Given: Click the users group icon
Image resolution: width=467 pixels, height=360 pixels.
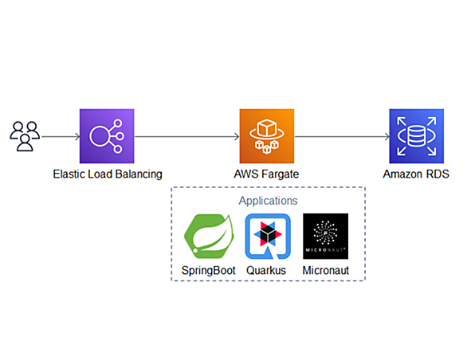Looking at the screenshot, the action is pos(25,136).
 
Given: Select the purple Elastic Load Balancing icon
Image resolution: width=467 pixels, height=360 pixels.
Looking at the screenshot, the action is pos(107,136).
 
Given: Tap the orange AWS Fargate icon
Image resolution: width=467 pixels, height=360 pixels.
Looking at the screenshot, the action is pos(267,136).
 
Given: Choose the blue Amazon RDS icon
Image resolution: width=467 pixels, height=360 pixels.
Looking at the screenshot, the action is pos(416,136).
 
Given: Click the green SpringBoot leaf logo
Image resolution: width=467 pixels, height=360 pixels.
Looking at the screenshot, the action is pos(209,236).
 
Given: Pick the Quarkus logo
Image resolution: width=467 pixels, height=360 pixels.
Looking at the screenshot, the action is pos(268,236).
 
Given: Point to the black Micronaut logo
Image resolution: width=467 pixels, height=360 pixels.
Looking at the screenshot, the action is pos(325,236).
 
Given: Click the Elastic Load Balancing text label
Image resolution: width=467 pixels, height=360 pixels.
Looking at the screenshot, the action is pos(108,174).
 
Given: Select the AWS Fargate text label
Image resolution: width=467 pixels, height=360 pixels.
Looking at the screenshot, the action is pos(266,174).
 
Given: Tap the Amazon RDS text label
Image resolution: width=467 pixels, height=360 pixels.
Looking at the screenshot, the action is pos(416,174).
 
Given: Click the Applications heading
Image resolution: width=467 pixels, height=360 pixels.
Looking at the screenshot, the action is pos(268,201).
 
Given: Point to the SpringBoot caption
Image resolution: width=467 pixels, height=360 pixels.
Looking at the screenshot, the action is pos(209,271).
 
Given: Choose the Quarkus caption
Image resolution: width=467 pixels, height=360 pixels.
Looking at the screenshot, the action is pos(266,270).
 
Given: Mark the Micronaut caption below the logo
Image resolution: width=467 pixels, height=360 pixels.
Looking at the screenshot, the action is pos(325,270).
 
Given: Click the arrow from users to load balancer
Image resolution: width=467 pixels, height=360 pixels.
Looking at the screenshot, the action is pos(61,137).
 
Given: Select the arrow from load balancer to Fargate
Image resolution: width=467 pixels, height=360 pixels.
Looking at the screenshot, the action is pos(187,137).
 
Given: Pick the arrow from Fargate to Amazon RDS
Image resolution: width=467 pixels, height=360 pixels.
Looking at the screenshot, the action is pos(342,137).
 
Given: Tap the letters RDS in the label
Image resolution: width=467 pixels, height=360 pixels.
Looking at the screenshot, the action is pos(438,174).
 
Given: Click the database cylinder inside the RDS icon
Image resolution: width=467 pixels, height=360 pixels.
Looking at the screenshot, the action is pos(416,136).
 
